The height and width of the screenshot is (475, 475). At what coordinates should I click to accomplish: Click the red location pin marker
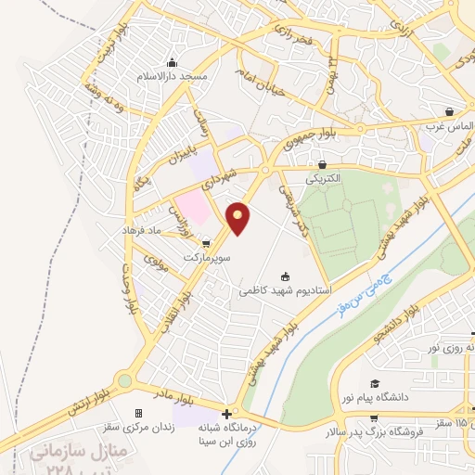[239, 217]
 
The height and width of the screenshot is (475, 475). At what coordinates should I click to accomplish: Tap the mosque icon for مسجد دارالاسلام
[171, 63]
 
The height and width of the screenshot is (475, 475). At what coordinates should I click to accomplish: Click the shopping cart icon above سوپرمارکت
[193, 243]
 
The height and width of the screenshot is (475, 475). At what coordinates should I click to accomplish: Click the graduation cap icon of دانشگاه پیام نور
[375, 383]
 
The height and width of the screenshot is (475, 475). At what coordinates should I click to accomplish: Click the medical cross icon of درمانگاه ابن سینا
[227, 413]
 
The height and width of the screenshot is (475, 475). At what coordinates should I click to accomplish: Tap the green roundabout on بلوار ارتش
[123, 379]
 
